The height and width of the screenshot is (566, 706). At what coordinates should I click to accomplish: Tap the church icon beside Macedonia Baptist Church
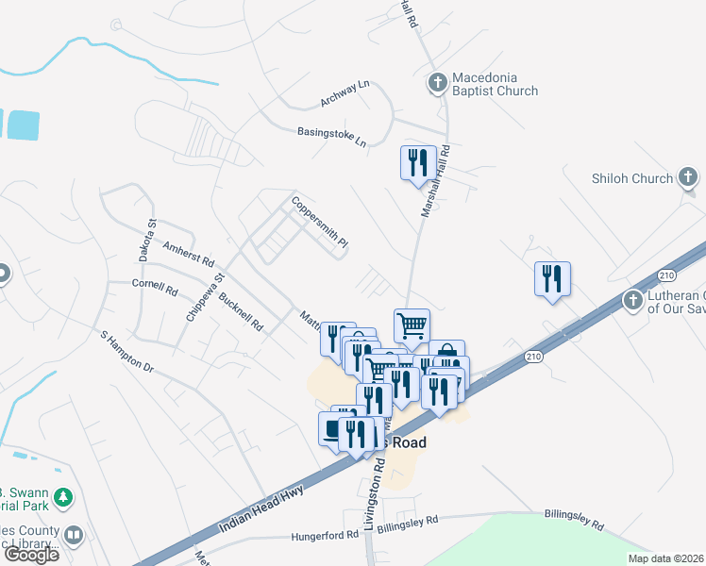tap(437, 83)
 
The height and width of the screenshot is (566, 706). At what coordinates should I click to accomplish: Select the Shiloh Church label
tap(631, 178)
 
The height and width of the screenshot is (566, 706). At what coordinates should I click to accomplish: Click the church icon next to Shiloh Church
tap(688, 177)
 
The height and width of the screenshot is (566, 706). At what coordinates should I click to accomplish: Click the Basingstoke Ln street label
tap(331, 137)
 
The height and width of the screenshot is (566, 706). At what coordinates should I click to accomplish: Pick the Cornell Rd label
tap(155, 286)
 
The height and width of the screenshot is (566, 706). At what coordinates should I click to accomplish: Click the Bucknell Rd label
tap(241, 313)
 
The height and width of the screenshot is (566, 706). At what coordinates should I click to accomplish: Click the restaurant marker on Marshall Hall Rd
tap(416, 162)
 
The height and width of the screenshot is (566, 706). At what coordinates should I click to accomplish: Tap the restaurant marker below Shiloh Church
tap(552, 279)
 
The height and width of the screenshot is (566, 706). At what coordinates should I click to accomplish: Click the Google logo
tap(31, 554)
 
